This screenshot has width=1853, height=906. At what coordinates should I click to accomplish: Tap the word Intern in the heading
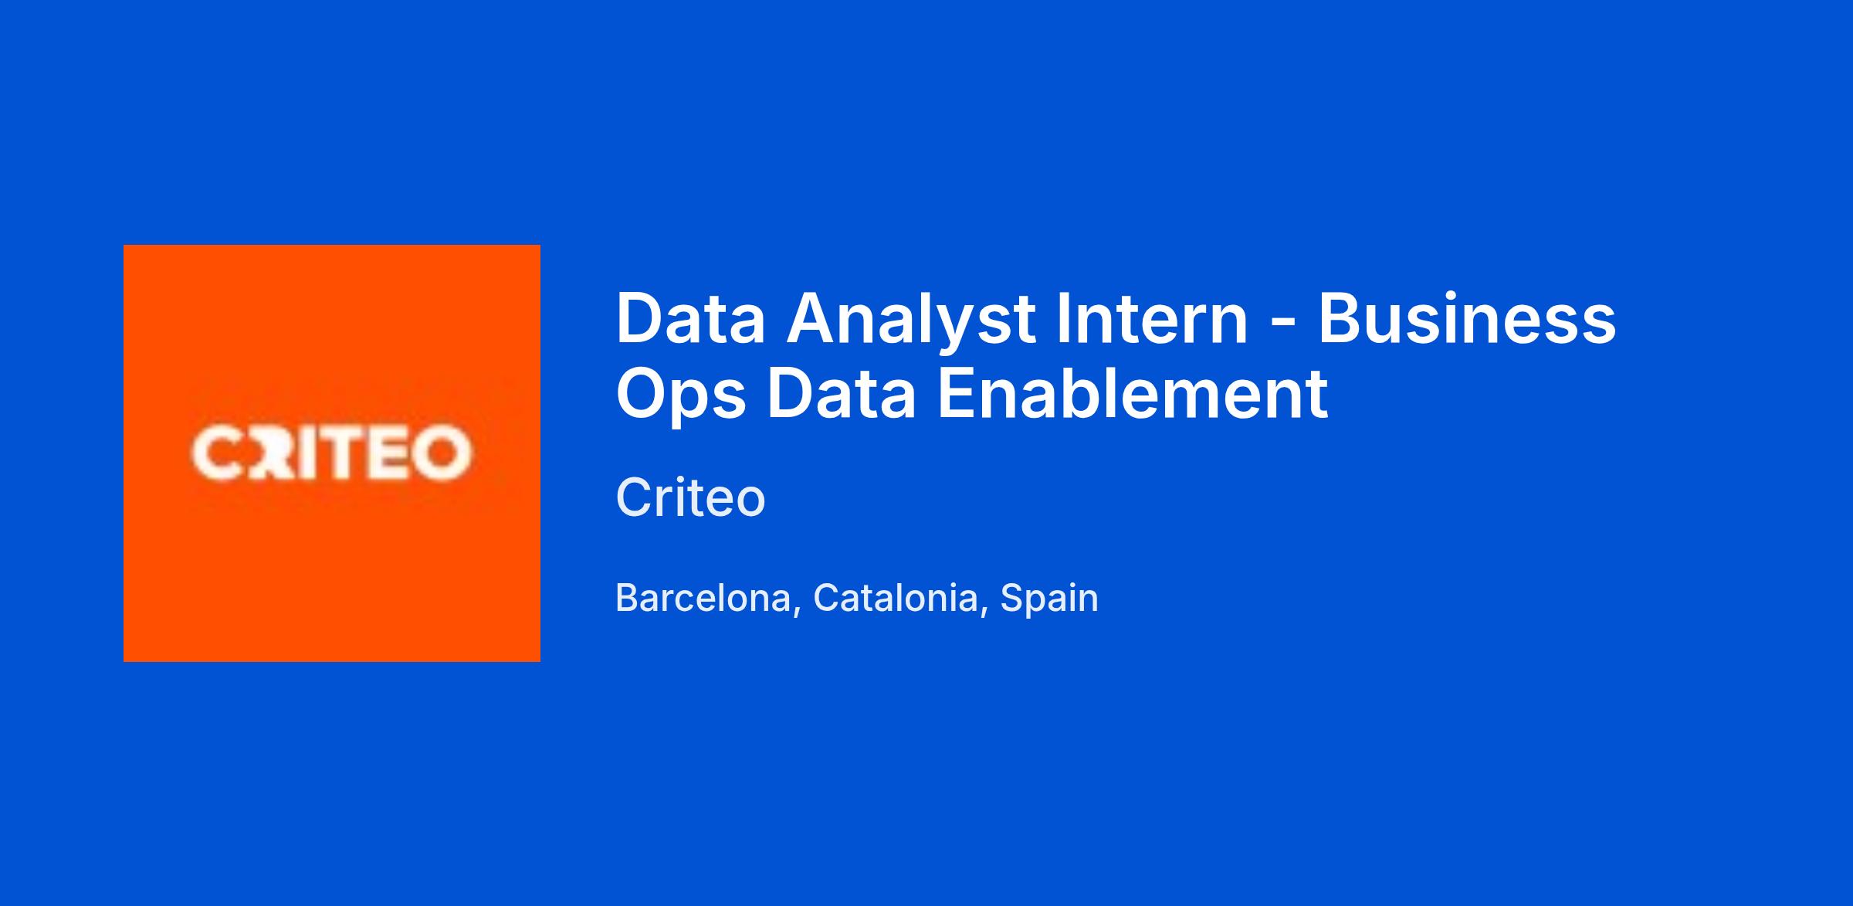click(x=1152, y=317)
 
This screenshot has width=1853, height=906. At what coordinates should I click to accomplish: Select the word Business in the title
click(x=1467, y=317)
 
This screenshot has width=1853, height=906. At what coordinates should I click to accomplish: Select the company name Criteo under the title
click(x=691, y=497)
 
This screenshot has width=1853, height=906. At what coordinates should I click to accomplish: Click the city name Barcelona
click(x=703, y=598)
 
